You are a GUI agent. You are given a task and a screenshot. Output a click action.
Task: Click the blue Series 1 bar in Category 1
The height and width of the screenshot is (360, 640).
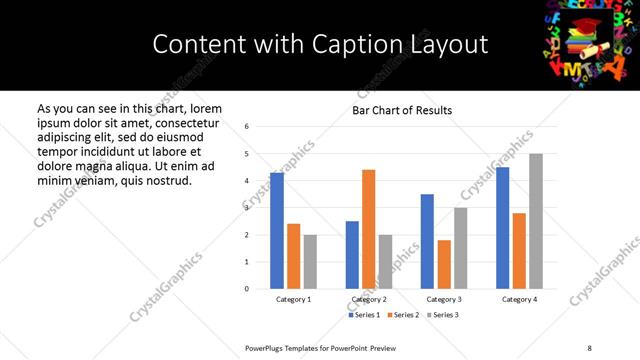(x=277, y=231)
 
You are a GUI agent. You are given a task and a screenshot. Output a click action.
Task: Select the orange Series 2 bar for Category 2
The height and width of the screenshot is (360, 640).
(x=368, y=229)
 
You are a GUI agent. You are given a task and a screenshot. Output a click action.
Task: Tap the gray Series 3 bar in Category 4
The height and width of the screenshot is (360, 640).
(x=536, y=221)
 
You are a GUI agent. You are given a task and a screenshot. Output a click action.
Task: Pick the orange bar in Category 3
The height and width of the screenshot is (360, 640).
(x=444, y=264)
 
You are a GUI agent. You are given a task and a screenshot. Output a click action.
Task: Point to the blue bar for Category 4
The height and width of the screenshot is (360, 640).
(x=502, y=228)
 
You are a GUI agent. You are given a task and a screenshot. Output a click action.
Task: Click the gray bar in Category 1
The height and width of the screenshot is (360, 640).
(x=310, y=262)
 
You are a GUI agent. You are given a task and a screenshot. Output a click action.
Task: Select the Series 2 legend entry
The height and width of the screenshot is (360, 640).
(x=404, y=315)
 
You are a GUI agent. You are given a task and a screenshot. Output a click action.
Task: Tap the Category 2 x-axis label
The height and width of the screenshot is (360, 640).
(x=369, y=299)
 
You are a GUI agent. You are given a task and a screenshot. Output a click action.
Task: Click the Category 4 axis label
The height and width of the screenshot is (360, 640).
(x=519, y=299)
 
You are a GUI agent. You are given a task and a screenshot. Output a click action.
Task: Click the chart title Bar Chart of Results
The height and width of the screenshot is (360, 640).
(x=402, y=110)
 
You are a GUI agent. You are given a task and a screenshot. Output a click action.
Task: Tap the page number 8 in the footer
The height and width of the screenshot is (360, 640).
(x=589, y=347)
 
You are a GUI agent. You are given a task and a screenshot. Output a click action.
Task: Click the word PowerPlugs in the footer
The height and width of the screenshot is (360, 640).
(x=265, y=347)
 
